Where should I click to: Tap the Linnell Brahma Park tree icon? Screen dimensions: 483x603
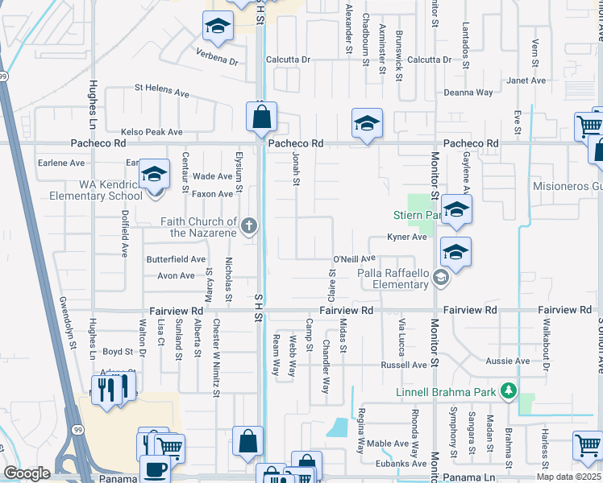pyautogui.click(x=508, y=392)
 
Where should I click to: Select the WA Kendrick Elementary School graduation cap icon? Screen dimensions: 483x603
pyautogui.click(x=154, y=175)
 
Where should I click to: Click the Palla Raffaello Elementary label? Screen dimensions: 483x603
pyautogui.click(x=393, y=279)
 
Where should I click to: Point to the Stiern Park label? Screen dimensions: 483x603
pyautogui.click(x=416, y=215)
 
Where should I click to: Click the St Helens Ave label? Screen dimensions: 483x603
pyautogui.click(x=161, y=90)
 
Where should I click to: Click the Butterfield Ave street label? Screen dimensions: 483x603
pyautogui.click(x=176, y=259)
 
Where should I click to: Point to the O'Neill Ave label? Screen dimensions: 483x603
pyautogui.click(x=355, y=258)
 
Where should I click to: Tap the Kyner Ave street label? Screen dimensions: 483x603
pyautogui.click(x=406, y=237)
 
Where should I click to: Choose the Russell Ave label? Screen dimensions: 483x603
pyautogui.click(x=404, y=365)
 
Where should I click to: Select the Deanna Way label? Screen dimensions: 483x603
pyautogui.click(x=468, y=93)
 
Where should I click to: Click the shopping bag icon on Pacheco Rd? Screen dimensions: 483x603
pyautogui.click(x=262, y=119)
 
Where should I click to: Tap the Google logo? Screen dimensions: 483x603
pyautogui.click(x=26, y=473)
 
